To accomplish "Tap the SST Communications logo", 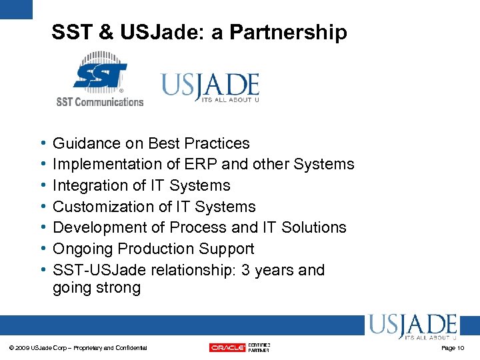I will coord(99,81).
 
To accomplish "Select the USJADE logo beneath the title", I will coord(210,87).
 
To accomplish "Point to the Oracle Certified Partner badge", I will coord(239,347).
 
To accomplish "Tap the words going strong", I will coord(97,288).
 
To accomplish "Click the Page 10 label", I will coord(453,348).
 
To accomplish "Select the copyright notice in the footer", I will coord(79,348).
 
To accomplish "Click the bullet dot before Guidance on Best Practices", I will coord(43,143).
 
